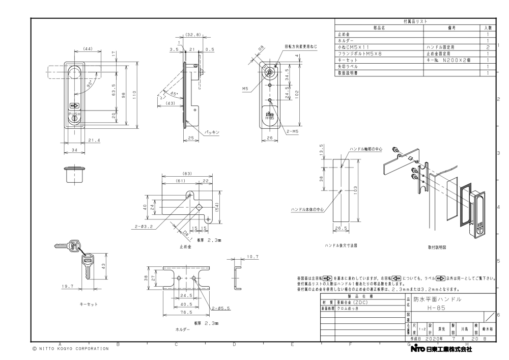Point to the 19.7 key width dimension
(x=67, y=287)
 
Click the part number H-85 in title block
(x=426, y=309)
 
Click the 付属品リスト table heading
(x=416, y=22)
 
